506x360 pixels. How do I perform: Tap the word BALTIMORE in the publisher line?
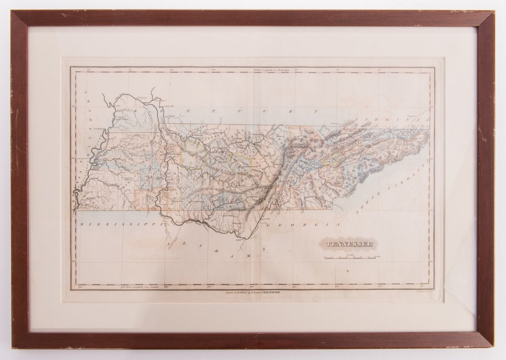pos(273,292)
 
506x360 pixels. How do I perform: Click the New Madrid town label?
pos(101,129)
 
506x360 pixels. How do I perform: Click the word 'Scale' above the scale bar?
pos(351,253)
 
